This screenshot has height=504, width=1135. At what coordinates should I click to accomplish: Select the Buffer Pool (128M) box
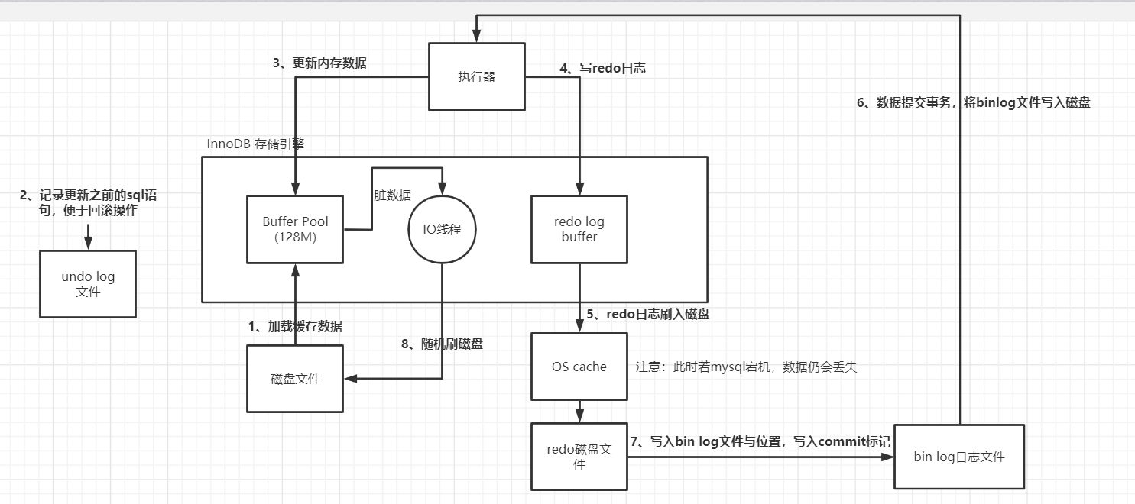click(x=295, y=229)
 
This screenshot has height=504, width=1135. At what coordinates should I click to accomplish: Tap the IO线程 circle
click(x=442, y=229)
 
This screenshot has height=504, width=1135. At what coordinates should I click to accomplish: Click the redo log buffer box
click(x=579, y=229)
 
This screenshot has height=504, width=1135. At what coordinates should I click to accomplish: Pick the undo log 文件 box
click(x=88, y=283)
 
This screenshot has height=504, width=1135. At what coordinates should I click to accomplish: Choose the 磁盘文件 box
click(x=295, y=379)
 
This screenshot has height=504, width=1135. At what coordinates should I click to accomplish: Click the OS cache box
click(x=579, y=367)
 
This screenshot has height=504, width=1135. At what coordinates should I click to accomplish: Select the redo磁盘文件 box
click(x=579, y=456)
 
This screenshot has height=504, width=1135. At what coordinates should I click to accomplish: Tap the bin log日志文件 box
click(x=958, y=457)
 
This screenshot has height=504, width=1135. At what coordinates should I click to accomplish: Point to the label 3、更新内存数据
click(x=319, y=63)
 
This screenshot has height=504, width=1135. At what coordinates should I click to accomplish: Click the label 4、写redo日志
click(x=602, y=68)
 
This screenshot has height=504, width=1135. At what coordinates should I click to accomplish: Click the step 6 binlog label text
click(x=973, y=103)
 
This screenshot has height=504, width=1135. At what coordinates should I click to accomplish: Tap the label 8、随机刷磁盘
click(x=442, y=344)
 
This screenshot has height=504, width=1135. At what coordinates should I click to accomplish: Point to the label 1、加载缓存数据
click(x=295, y=326)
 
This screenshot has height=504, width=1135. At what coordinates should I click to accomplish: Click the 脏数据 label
click(x=392, y=195)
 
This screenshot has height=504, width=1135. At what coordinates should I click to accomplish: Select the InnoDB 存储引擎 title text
click(x=255, y=144)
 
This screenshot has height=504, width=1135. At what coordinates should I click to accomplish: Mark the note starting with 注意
click(x=746, y=367)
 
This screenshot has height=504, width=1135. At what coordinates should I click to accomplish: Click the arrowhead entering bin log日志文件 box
click(x=887, y=457)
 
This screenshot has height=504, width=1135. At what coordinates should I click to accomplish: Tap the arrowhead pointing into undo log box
click(x=88, y=244)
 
